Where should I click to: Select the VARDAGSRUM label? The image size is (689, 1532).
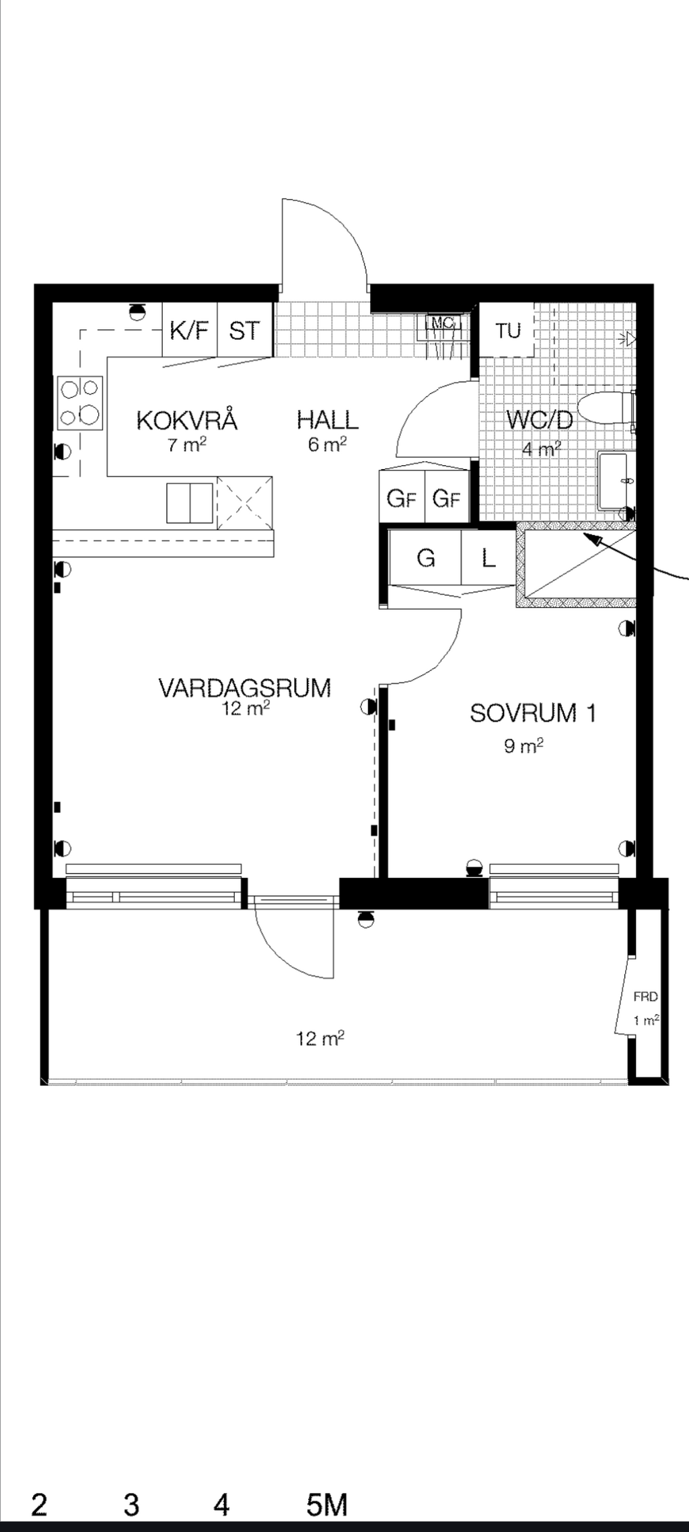coord(245,688)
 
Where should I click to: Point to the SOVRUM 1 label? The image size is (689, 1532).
coord(533,713)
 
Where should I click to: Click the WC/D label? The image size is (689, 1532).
coord(540,420)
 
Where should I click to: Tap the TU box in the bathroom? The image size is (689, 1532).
coord(508,330)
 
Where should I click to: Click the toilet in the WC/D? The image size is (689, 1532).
coord(606,408)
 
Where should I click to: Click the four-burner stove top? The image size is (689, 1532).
coord(80,403)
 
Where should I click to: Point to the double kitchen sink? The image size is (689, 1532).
coord(190,502)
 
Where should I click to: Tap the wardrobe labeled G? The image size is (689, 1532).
coord(425,558)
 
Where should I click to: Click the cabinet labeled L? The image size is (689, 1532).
coord(488,558)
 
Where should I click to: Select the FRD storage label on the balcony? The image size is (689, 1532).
coord(645,997)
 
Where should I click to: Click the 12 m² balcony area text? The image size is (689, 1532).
coord(320,1039)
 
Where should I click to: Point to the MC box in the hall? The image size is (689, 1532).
coord(442,323)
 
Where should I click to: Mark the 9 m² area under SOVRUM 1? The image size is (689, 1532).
coord(523,746)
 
